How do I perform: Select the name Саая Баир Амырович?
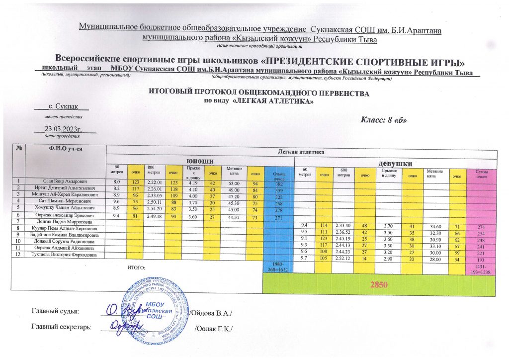67,181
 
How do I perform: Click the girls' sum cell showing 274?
480,227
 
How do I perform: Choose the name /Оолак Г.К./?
214,329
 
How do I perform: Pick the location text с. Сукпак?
63,107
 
